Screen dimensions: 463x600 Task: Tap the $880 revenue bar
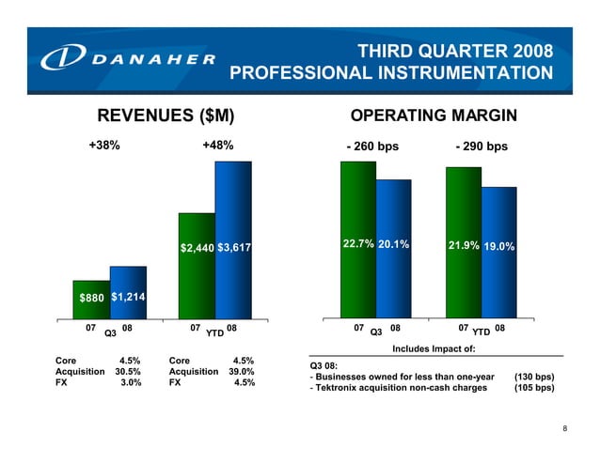coord(91,294)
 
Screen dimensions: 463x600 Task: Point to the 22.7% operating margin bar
coord(357,239)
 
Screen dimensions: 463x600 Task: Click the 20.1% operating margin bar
coord(393,249)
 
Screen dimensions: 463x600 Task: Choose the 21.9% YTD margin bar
coord(463,242)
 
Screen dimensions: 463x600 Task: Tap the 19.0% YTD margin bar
coord(498,253)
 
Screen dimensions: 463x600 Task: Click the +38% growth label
coord(103,146)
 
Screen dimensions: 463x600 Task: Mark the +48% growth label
coord(217,146)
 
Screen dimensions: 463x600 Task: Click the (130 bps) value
coord(534,377)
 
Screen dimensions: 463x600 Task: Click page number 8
coord(564,429)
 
